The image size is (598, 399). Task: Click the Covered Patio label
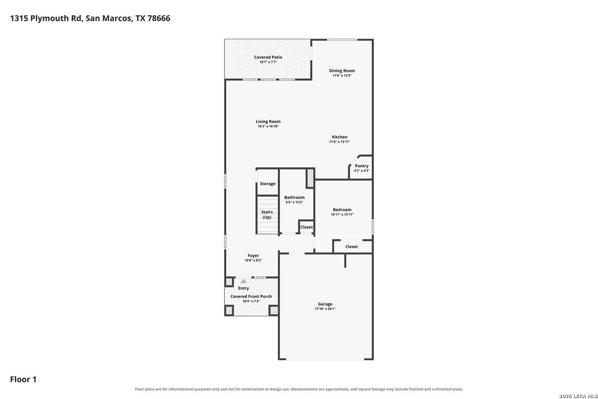(x=268, y=57)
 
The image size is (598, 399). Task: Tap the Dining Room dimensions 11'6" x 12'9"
(x=342, y=76)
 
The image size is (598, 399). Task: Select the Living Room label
(x=268, y=122)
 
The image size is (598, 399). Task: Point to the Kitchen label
(x=340, y=137)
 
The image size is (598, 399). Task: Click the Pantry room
(x=361, y=168)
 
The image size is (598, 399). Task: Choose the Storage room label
(x=268, y=184)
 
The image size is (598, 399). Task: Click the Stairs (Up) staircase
(x=267, y=215)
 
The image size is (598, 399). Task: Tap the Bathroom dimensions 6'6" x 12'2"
(x=294, y=202)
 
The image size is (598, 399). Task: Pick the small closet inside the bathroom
(x=306, y=227)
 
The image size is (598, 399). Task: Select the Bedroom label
(x=342, y=210)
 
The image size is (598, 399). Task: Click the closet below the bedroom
(x=353, y=246)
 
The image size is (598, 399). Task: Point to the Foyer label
(x=253, y=256)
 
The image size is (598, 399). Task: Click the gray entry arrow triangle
(x=243, y=281)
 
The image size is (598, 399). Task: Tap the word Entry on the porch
(x=244, y=288)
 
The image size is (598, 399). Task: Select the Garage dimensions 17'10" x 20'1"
(x=325, y=308)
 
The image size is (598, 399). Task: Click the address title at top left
(x=90, y=18)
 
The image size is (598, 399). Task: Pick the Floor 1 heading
(x=23, y=379)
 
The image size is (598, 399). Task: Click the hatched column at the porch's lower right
(x=274, y=310)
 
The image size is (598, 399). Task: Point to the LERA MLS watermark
(x=578, y=396)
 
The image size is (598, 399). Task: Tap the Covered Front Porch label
(x=251, y=296)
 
